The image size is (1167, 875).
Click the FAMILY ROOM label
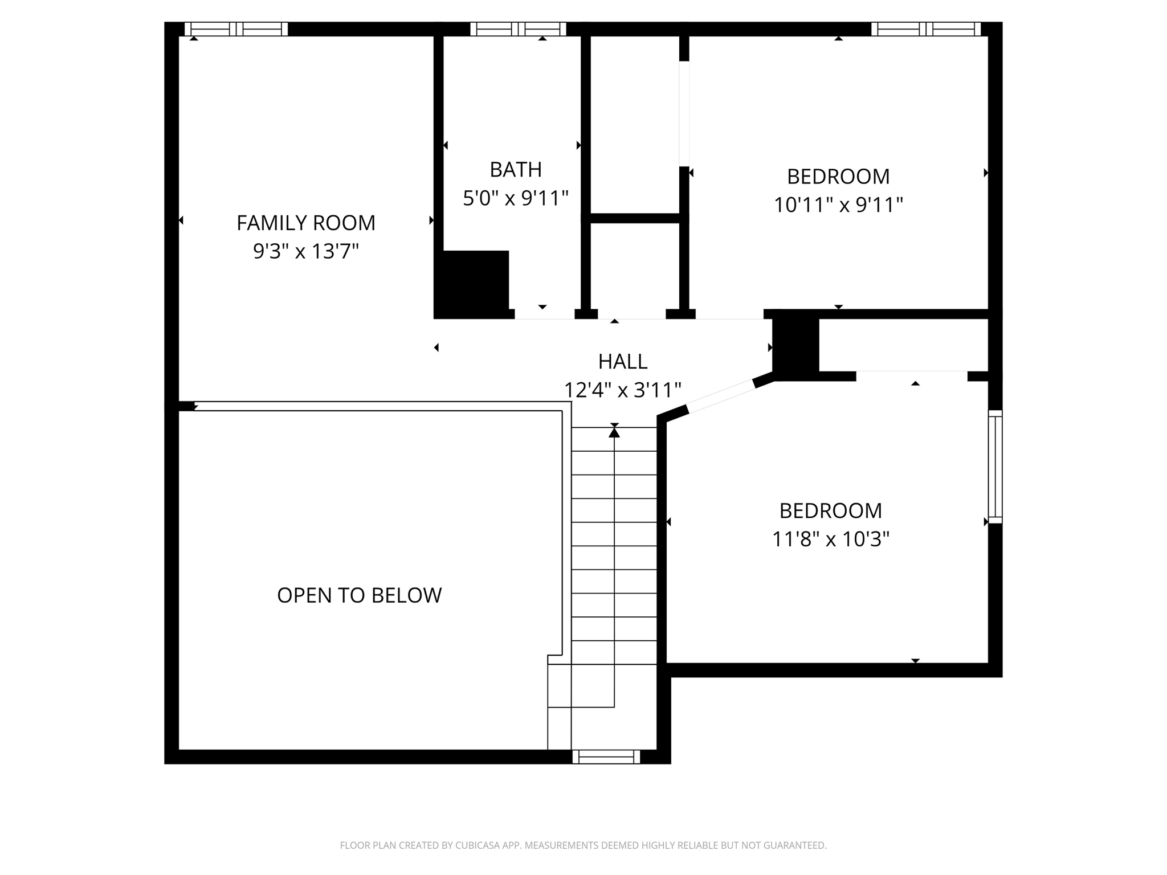coord(306,223)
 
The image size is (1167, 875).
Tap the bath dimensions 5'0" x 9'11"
coord(516,198)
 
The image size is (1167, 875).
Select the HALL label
coord(622,361)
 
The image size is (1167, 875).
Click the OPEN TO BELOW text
coord(359,595)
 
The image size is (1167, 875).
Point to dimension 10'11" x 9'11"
coord(838,205)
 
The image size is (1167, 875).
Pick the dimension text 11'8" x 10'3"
coord(830,539)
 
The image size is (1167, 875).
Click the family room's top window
coord(236,29)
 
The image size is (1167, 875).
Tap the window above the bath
coord(518,29)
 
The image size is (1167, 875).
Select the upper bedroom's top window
coord(926,29)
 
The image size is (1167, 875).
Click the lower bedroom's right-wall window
coord(995,467)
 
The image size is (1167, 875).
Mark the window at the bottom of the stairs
coord(606,757)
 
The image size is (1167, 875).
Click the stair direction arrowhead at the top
coord(614,432)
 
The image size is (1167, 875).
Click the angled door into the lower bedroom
coord(721,395)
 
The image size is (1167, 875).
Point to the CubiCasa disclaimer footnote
coord(583,845)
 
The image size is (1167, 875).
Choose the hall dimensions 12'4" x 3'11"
coord(622,390)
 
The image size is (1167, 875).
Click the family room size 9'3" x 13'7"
coord(306,251)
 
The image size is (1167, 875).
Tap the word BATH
coord(516,169)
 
